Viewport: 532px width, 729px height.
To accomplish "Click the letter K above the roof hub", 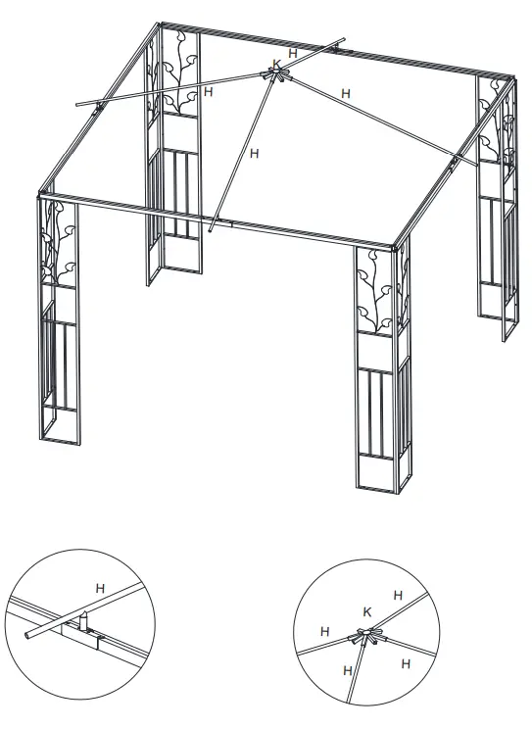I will click(277, 64).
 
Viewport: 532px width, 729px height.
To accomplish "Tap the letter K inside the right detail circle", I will click(367, 611).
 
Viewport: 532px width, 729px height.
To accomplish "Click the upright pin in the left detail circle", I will click(83, 620).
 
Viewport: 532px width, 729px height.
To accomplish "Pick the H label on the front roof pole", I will click(255, 152).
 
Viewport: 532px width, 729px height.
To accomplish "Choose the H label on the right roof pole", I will click(344, 92).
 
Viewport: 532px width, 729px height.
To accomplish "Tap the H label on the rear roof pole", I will click(294, 52).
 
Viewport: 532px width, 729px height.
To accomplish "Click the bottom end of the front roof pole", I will click(211, 232).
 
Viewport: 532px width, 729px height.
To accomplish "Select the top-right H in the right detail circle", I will click(397, 595).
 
